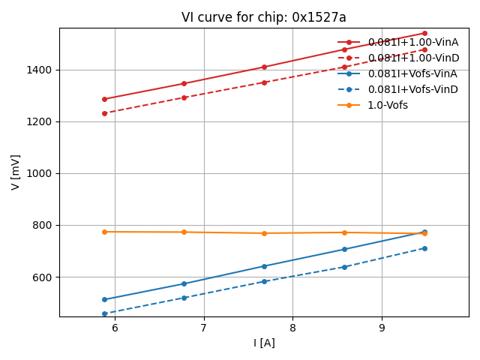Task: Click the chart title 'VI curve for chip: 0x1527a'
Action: pos(264,17)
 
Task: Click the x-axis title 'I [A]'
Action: pos(264,343)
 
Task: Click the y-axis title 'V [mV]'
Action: pos(16,172)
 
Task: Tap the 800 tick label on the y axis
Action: pos(43,225)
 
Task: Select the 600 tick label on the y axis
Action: pos(43,277)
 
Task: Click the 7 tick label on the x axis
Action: pos(204,328)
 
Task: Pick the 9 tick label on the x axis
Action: pos(382,328)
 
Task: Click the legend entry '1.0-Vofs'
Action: pos(388,105)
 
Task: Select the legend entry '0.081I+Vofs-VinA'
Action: pos(412,73)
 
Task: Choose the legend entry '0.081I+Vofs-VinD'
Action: pos(412,89)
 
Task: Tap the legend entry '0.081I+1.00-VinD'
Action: pos(413,58)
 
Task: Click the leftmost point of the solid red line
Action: pos(104,99)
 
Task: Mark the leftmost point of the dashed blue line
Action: pos(104,313)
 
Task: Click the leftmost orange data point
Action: pos(104,232)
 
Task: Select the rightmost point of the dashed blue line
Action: pos(424,248)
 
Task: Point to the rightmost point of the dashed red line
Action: pos(424,49)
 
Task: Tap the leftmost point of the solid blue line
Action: pos(104,299)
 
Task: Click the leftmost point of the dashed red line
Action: pos(104,113)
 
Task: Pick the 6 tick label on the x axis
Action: pos(115,328)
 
